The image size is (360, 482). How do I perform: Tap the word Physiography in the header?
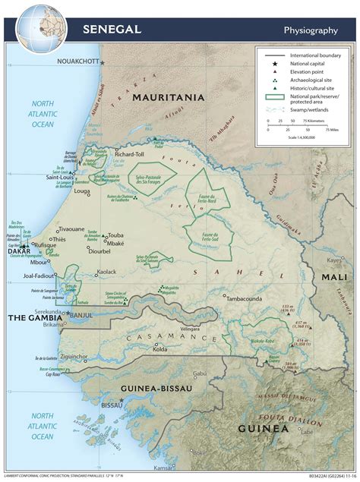[310, 30]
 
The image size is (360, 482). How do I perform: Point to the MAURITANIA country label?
[169, 97]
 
